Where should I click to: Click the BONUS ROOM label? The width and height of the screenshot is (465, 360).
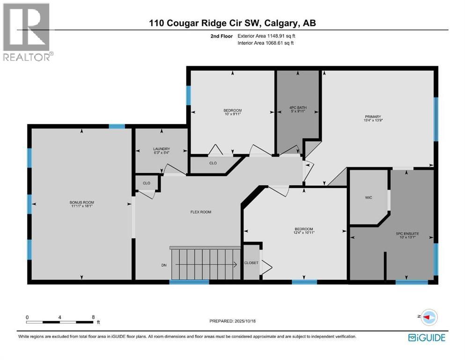[82, 202]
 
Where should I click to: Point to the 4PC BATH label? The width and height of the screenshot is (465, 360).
[298, 108]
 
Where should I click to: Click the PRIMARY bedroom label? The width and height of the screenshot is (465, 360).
[373, 117]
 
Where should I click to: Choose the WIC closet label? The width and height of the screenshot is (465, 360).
[369, 198]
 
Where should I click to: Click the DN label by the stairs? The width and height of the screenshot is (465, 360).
[164, 265]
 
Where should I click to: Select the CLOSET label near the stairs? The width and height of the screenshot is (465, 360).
[251, 263]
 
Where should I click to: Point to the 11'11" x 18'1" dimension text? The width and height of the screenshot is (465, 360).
[82, 207]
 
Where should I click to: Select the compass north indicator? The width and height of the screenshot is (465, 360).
[428, 317]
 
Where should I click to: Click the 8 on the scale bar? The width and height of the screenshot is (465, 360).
[93, 317]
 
